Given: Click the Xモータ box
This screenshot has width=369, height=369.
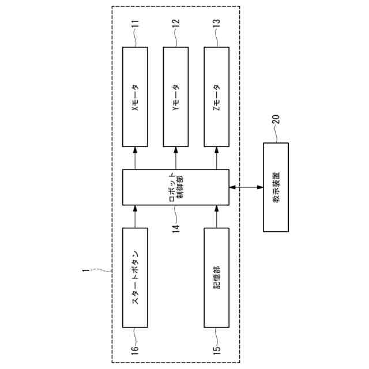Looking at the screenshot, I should coord(135,96).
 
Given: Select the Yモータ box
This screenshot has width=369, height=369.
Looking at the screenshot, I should coord(176,96).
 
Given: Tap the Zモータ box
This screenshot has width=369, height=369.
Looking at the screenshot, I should coord(217,96).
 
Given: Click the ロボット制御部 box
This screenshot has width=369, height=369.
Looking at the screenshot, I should coord(176,187).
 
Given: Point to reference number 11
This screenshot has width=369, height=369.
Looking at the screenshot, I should coord(135,24).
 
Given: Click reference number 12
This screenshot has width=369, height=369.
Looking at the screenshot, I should coord(176,24).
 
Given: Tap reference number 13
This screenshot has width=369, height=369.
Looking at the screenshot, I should coord(217,24).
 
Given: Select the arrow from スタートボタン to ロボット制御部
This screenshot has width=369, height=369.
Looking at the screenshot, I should coord(135,216).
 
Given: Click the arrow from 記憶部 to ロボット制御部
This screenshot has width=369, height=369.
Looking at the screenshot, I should coord(217,216).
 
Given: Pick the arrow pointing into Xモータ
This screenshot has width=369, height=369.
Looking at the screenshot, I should coord(135,157).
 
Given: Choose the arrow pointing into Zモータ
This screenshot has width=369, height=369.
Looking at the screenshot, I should coord(217,157).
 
